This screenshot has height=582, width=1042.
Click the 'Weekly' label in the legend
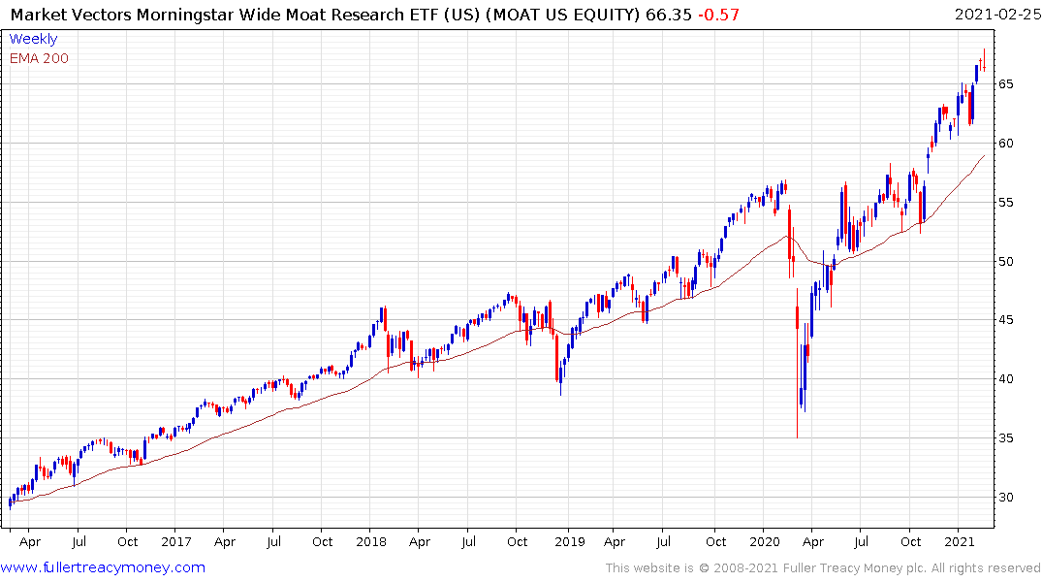[32, 39]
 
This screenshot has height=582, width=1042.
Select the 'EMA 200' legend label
[39, 58]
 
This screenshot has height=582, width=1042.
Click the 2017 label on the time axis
[175, 542]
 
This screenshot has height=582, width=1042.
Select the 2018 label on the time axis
[372, 542]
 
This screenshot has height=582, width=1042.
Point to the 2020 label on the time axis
[765, 542]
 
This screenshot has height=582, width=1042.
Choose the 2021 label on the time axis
[960, 542]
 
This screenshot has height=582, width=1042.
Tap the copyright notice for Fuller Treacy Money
[823, 567]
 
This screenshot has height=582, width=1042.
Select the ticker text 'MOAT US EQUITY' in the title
[561, 15]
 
